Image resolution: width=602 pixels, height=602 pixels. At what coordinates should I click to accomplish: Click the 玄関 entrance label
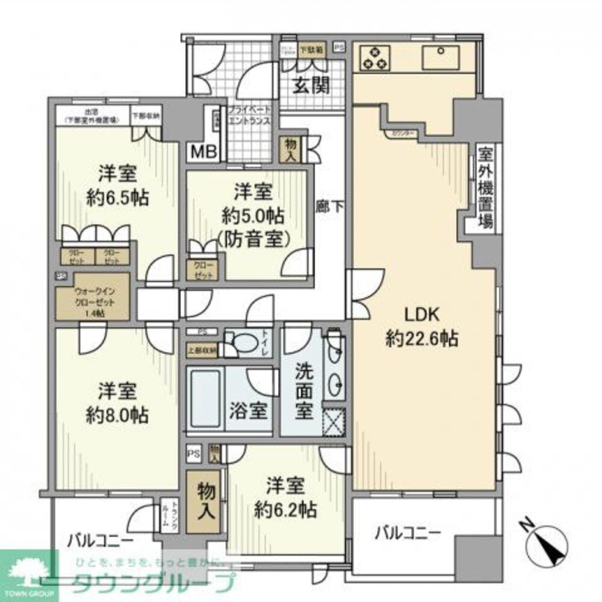(311, 86)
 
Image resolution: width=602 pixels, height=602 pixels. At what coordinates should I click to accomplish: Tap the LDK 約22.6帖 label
(421, 326)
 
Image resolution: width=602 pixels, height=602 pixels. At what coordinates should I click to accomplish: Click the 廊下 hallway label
(330, 206)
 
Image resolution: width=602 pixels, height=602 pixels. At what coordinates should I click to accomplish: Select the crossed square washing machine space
(335, 420)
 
